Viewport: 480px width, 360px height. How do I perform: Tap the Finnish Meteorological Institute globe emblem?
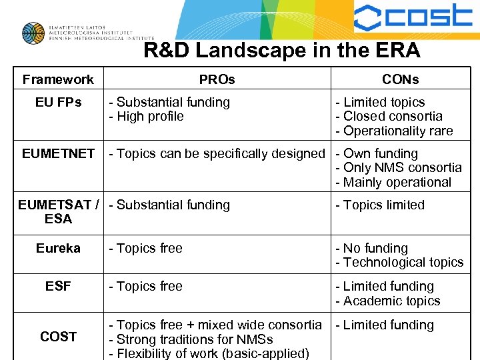point(33,33)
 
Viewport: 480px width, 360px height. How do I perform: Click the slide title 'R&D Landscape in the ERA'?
point(282,51)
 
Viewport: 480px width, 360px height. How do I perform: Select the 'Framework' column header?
point(58,79)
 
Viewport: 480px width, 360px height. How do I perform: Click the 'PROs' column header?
point(217,79)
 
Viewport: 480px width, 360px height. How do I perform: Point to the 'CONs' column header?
point(401,79)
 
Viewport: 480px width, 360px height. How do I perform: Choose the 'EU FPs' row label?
point(58,102)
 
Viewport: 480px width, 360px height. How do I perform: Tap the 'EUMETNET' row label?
point(58,153)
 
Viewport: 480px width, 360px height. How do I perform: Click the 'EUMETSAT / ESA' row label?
point(58,211)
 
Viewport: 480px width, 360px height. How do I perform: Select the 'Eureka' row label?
point(58,248)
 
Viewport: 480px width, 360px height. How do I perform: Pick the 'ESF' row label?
point(58,286)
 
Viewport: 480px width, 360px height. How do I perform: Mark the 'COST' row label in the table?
point(58,337)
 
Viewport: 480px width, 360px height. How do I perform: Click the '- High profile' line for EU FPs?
point(147,116)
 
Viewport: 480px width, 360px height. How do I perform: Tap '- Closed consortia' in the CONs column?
point(389,116)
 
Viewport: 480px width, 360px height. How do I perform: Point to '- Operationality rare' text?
point(394,131)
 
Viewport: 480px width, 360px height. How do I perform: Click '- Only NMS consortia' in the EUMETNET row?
point(398,167)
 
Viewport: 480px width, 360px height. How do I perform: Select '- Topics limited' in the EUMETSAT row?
point(380,205)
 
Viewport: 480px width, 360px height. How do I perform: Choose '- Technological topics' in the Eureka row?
point(399,262)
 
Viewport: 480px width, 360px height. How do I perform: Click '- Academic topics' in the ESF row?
point(388,301)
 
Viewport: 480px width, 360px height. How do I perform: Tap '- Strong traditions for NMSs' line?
point(191,339)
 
